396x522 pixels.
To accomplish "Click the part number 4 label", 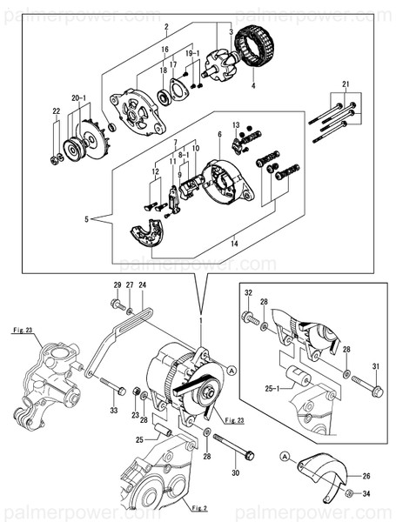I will [253, 85].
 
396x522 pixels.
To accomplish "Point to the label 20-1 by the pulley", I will [78, 98].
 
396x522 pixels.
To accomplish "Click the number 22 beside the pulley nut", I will [55, 111].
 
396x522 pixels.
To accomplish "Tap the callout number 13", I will [235, 125].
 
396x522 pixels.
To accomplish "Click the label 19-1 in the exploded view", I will [193, 54].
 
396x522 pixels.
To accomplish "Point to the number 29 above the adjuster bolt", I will [116, 285].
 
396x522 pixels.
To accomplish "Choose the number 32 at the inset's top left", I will [249, 292].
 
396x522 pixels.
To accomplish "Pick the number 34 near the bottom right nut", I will [367, 494].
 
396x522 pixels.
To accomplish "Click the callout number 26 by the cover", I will [366, 475].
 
